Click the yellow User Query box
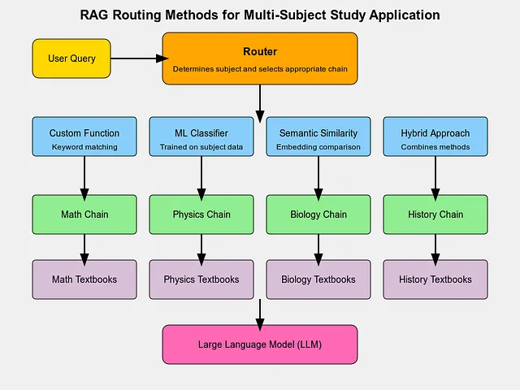coord(71,58)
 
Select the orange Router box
coord(260,58)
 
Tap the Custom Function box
coord(84,136)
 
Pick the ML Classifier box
coord(201,136)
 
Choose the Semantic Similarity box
coord(318,136)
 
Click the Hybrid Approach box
coord(435,136)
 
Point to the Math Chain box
coord(84,214)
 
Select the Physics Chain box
coord(201,214)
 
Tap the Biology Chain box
coord(318,214)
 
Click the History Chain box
coord(435,214)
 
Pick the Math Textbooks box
coord(84,279)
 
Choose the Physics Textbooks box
coord(201,279)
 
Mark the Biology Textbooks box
coord(318,279)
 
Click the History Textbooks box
coord(435,279)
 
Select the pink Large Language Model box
coord(260,344)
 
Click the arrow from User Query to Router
coord(140,58)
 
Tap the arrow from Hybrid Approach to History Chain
coord(435,179)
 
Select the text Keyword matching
coord(84,147)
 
